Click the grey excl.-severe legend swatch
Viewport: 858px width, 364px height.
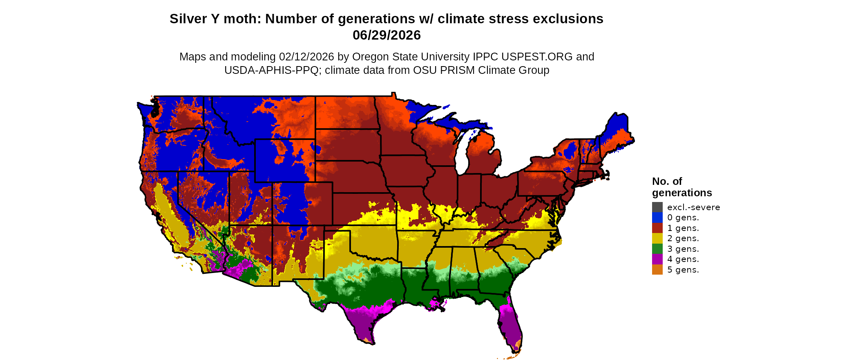[x=657, y=207]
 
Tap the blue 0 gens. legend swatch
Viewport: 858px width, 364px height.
[x=657, y=218]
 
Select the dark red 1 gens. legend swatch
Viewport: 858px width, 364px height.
[x=657, y=228]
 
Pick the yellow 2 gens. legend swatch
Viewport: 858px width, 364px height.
[x=657, y=238]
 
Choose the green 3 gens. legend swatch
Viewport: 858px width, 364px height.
[x=657, y=249]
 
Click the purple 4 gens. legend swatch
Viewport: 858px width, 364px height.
[x=657, y=259]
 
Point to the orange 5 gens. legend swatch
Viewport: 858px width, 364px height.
[x=657, y=270]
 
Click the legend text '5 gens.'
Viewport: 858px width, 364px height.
[x=683, y=270]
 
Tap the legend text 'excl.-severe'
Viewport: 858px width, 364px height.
[x=693, y=207]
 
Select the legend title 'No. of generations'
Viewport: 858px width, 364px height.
[x=681, y=187]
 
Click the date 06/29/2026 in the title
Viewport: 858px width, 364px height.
[x=387, y=35]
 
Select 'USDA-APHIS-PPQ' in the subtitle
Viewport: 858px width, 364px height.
[x=271, y=70]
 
